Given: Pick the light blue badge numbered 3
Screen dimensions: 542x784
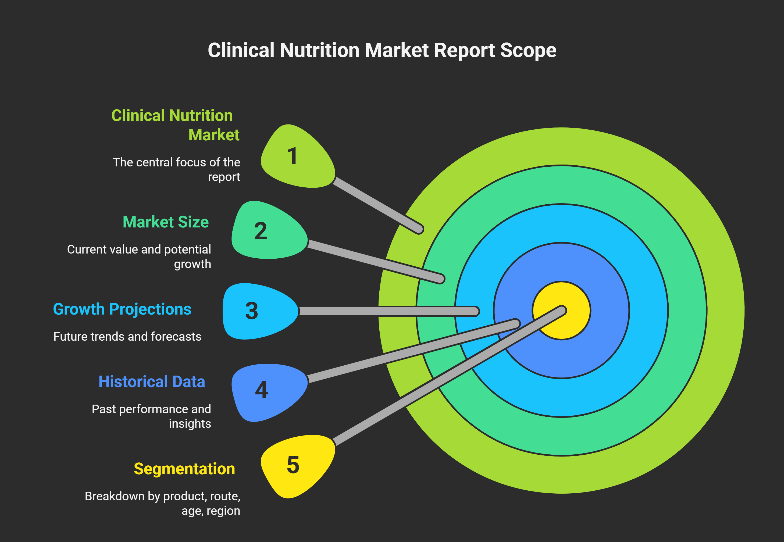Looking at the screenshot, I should pos(257,311).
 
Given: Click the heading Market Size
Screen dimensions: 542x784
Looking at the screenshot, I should pos(166,222).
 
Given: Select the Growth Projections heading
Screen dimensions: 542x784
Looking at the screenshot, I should pos(122,309).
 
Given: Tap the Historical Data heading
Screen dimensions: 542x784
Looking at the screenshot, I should pos(152,382).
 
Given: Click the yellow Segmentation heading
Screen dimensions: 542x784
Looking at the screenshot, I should pos(184,469).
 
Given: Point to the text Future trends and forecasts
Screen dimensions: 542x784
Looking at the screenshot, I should pos(127,337).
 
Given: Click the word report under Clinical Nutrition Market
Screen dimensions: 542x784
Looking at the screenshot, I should pos(224,177).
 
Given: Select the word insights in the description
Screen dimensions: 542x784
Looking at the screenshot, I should pos(190,424).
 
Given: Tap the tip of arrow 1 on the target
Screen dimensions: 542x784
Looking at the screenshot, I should pos(420,230).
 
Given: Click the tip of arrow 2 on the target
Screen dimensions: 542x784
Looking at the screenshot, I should pos(440,279).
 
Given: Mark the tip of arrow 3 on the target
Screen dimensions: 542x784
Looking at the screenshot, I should pos(475,311).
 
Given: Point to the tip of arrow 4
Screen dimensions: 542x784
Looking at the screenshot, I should pos(515,324).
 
